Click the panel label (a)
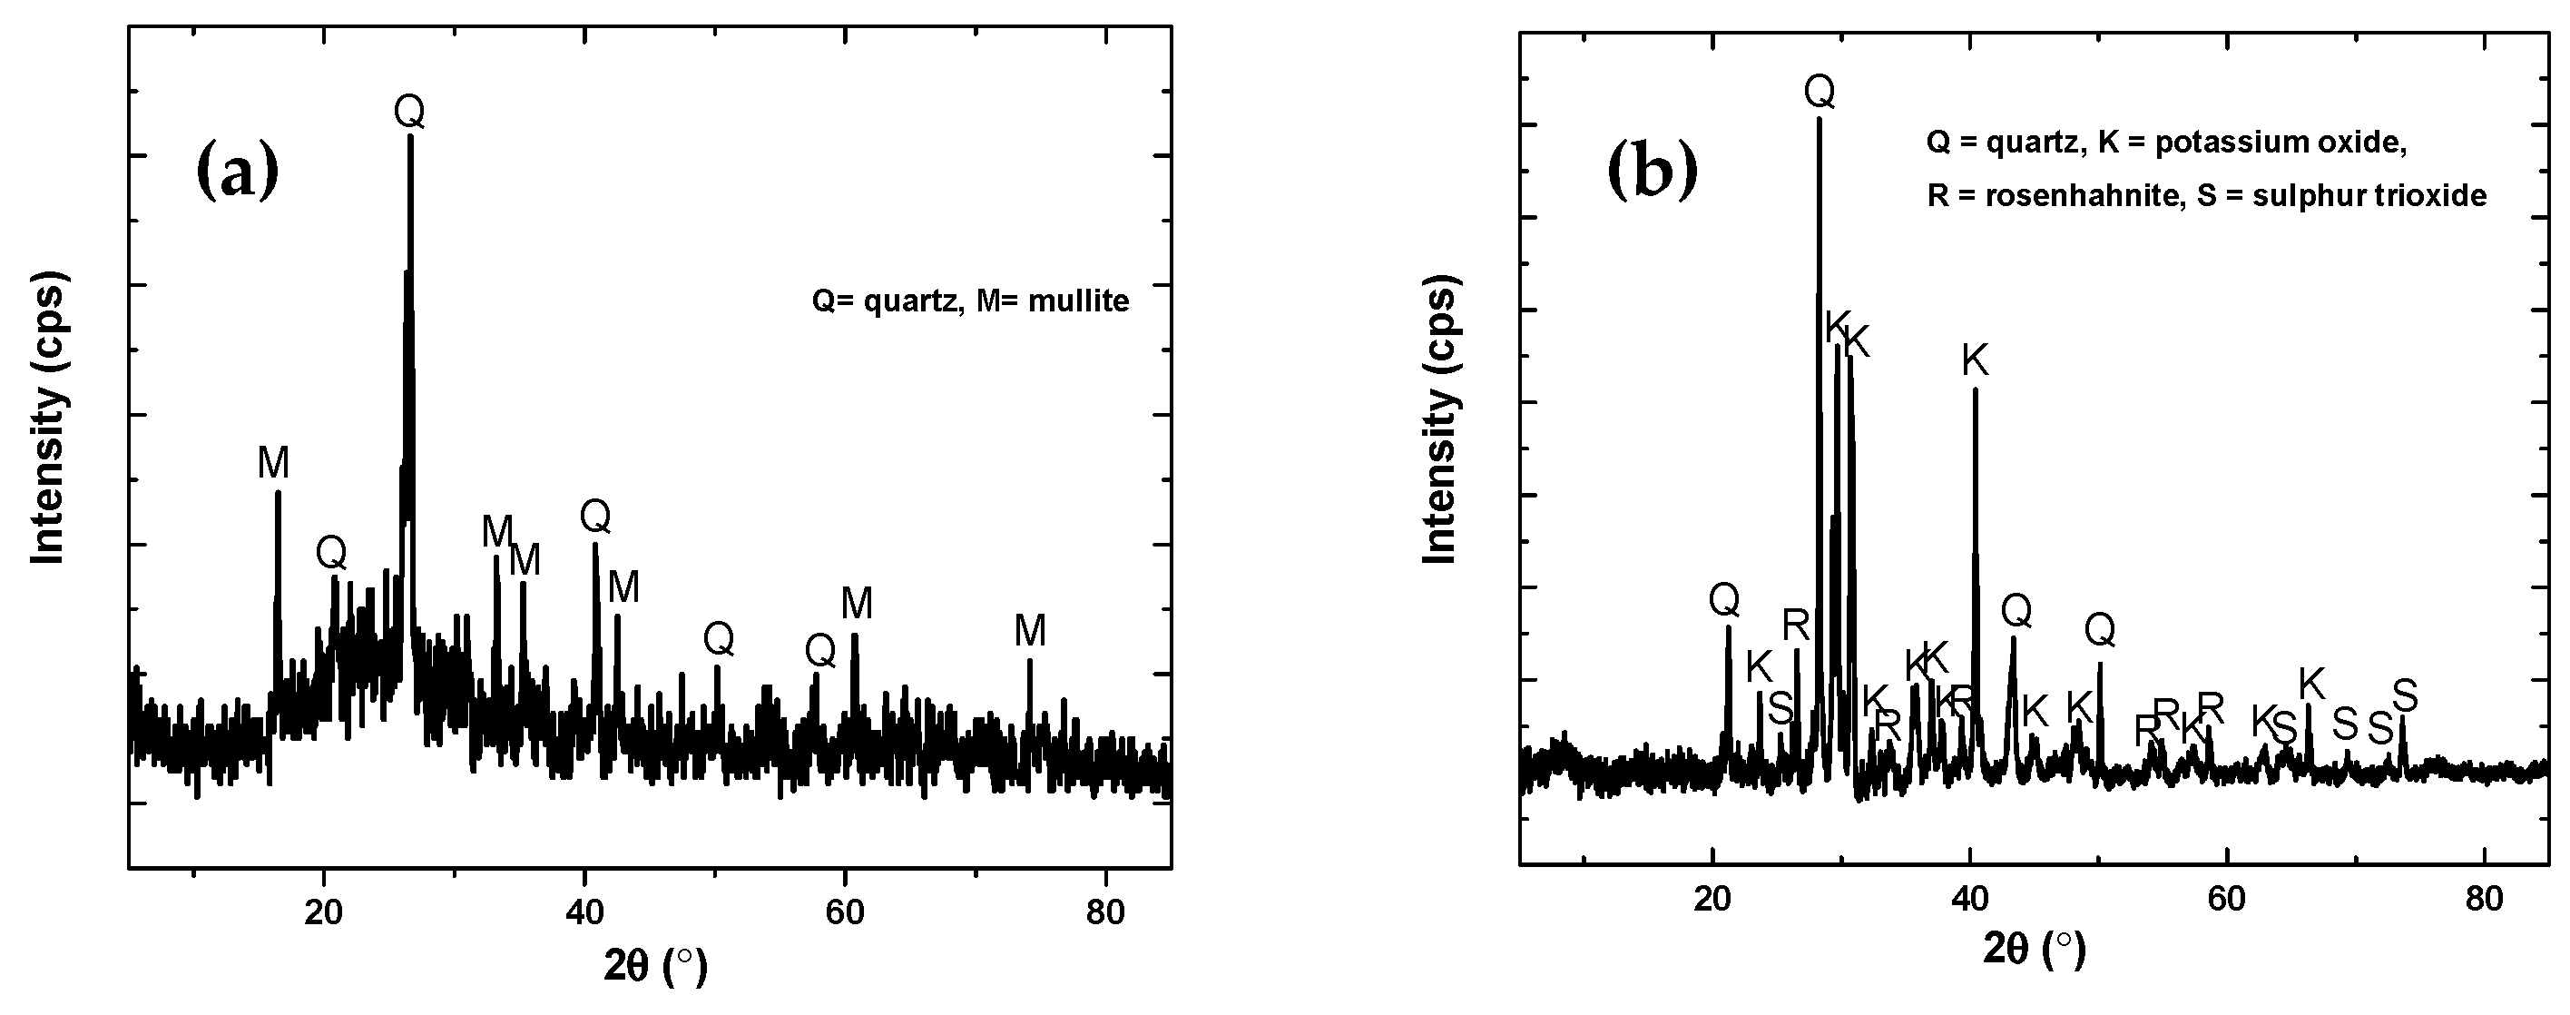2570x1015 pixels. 238,170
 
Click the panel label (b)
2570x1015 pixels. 1653,170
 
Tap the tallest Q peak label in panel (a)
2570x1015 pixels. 409,112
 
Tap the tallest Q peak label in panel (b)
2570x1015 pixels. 1819,92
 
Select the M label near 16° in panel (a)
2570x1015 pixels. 272,463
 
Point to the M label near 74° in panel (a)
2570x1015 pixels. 1030,631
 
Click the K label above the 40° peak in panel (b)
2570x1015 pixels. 1976,360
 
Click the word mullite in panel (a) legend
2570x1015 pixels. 1078,301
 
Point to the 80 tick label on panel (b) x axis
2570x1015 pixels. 2484,899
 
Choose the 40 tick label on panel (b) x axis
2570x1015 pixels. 1969,899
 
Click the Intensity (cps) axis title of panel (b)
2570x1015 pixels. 1438,419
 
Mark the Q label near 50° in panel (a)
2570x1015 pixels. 719,639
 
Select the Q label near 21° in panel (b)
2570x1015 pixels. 1724,600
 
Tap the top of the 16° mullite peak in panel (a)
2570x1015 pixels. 278,492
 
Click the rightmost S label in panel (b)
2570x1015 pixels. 2406,694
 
